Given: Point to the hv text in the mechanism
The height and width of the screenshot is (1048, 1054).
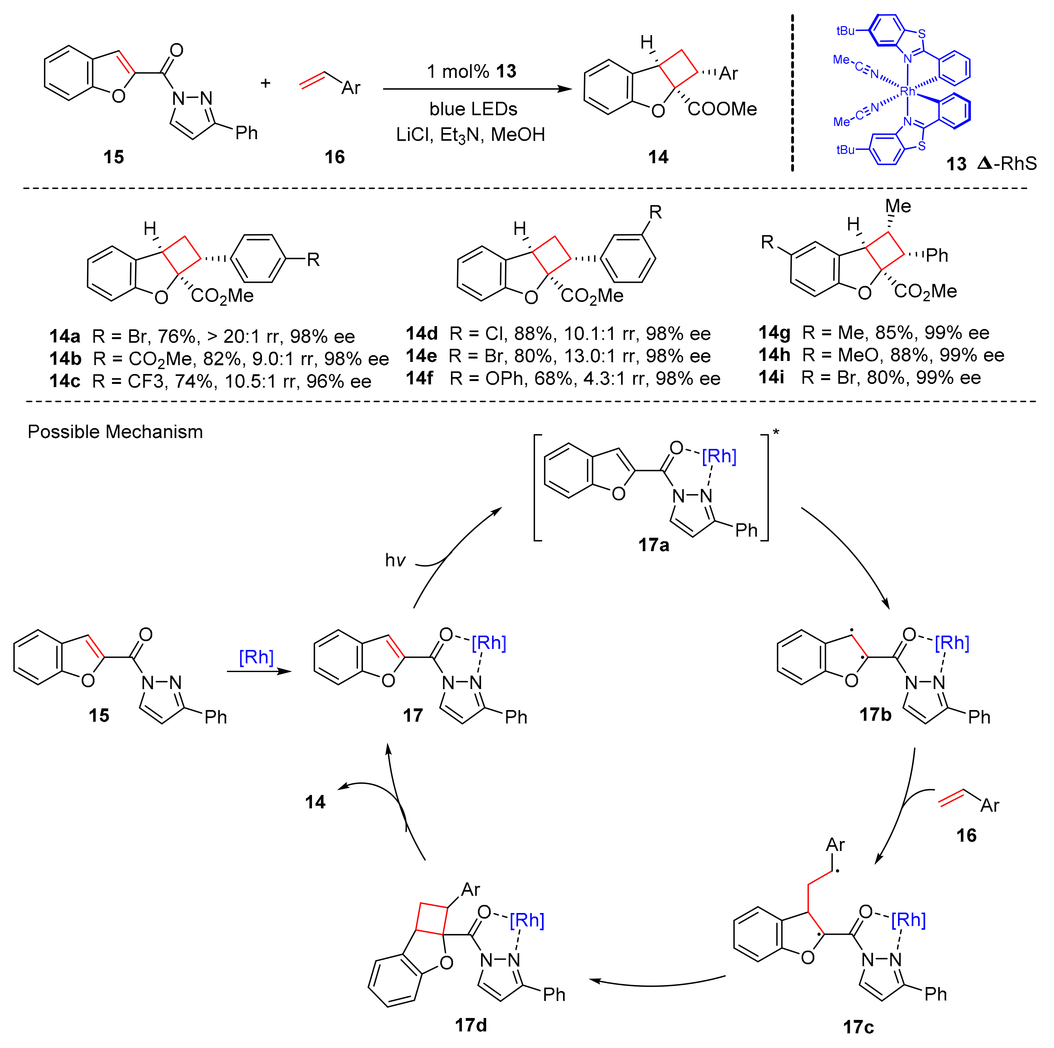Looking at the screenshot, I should [x=395, y=561].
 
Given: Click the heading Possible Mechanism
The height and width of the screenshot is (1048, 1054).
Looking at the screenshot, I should [x=115, y=432].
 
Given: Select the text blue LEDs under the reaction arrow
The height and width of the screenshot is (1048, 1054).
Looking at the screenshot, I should [x=473, y=109].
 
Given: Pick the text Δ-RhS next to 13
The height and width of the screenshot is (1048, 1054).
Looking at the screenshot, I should [x=1006, y=163].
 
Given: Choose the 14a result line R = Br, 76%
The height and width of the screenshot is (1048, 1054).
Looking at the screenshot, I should [x=202, y=336].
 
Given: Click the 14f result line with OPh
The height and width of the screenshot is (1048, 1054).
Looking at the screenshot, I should [x=563, y=378].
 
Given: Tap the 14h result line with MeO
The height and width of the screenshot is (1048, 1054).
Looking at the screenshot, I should [x=881, y=355].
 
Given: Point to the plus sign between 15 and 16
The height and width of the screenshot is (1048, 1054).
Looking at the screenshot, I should [x=266, y=83].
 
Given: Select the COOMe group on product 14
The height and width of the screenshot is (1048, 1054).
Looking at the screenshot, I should [x=722, y=109].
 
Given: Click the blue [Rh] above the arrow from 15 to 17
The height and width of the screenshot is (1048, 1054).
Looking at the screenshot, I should [x=256, y=657].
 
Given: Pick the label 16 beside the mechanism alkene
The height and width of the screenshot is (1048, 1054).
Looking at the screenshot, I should [x=966, y=835].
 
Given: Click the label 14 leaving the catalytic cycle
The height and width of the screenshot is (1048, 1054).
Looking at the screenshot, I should [x=315, y=802].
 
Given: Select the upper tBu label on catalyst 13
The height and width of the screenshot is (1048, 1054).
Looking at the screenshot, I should [x=846, y=31].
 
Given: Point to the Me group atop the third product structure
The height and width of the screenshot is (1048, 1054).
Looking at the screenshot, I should [x=898, y=206].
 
